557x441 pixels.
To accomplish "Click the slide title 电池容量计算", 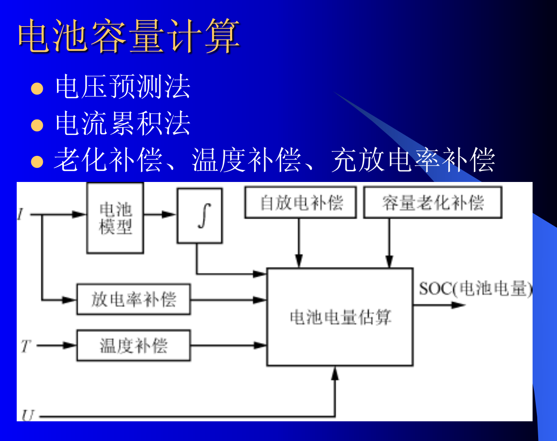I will point(129,36).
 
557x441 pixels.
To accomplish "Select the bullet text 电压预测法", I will point(123,87).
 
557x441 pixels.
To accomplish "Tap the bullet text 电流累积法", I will point(123,124).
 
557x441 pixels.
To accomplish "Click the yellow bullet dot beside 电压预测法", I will point(37,88).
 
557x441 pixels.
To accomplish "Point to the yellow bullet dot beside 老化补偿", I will point(37,162).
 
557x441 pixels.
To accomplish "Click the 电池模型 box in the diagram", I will point(115,218).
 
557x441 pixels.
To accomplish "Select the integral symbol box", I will point(200,216).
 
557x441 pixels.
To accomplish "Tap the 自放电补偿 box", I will point(301,203).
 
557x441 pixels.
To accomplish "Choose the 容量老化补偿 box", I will point(433,203).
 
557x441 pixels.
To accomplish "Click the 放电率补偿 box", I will point(134,299).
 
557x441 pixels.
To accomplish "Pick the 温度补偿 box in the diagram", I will point(134,345).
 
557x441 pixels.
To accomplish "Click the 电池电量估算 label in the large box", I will point(340,317).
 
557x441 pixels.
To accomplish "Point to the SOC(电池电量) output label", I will point(475,289).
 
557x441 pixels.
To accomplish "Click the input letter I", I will point(20,214).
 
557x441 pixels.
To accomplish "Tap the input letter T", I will point(26,346).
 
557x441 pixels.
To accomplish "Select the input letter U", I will point(27,415).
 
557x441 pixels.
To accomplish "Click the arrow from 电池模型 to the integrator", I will point(160,214).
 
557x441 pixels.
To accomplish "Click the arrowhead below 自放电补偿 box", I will point(299,260).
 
